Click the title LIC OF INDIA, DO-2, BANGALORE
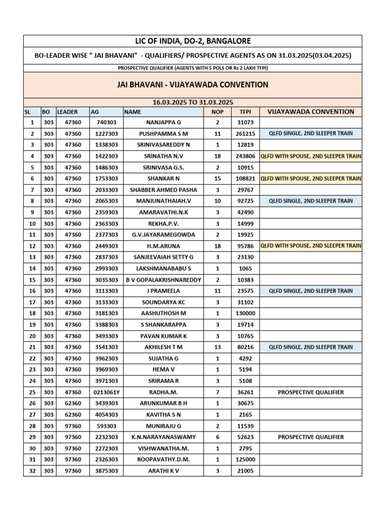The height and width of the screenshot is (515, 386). pyautogui.click(x=192, y=41)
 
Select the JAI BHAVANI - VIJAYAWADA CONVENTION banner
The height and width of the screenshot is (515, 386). pyautogui.click(x=192, y=84)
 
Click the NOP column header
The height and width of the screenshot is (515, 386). pyautogui.click(x=218, y=112)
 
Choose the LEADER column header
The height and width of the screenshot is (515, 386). pyautogui.click(x=67, y=112)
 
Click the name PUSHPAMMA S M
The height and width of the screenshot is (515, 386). pyautogui.click(x=163, y=134)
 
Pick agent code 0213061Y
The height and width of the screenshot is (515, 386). pyautogui.click(x=106, y=392)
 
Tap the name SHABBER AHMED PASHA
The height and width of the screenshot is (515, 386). pyautogui.click(x=163, y=190)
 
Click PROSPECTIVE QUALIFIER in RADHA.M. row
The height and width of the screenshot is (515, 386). pyautogui.click(x=311, y=392)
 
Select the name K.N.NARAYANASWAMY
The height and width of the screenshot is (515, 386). pyautogui.click(x=163, y=437)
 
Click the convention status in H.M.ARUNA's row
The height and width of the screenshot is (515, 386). pyautogui.click(x=311, y=246)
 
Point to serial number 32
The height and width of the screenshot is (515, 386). pyautogui.click(x=32, y=471)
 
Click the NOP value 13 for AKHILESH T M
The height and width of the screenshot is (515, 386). pyautogui.click(x=218, y=347)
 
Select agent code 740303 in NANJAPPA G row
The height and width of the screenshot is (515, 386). pyautogui.click(x=106, y=122)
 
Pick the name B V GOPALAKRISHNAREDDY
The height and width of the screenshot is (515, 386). pyautogui.click(x=163, y=280)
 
